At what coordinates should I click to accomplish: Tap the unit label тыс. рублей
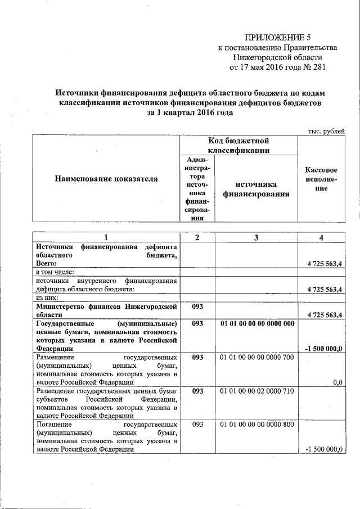coord(326,131)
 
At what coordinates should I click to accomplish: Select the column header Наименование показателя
coord(106,179)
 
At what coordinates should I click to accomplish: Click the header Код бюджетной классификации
coord(238,145)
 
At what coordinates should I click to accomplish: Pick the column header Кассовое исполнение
coord(321,179)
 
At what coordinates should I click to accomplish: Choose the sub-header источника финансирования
coord(256,189)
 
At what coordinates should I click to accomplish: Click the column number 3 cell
coord(256,237)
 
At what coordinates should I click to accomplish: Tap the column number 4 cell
coord(321,237)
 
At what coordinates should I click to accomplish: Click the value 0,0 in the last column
coord(337,382)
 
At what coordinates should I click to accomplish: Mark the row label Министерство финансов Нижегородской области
coord(106,311)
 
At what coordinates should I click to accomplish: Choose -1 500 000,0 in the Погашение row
coord(324,449)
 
